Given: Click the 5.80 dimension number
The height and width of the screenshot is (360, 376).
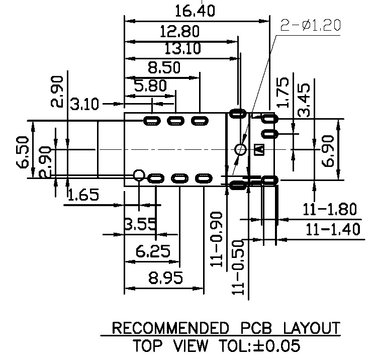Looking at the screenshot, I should [x=150, y=86].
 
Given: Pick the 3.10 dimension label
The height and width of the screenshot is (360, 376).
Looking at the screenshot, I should [x=85, y=105].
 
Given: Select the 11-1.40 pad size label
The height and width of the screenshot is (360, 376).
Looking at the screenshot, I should [x=333, y=229].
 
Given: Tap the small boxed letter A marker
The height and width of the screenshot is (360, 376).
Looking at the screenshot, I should [x=259, y=149].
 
